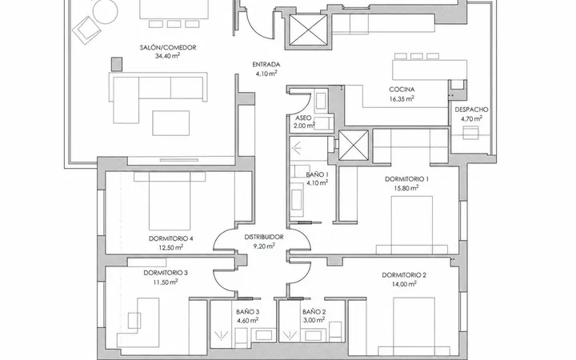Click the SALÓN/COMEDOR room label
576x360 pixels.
click(x=168, y=47)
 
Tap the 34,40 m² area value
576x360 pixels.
click(x=167, y=56)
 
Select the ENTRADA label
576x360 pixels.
click(x=266, y=65)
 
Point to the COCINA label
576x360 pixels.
click(x=402, y=90)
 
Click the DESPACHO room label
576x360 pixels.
click(x=472, y=110)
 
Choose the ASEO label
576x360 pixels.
click(x=303, y=118)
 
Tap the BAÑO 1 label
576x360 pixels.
click(x=318, y=174)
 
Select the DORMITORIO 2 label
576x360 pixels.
click(x=404, y=275)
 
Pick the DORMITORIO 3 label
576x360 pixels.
click(x=166, y=273)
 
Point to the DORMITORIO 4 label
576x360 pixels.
click(x=171, y=238)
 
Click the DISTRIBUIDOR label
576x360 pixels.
click(x=264, y=238)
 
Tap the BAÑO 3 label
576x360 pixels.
click(x=247, y=312)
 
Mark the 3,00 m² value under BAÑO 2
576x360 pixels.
click(x=314, y=320)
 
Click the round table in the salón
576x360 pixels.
click(x=105, y=12)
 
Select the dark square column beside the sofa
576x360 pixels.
click(x=117, y=64)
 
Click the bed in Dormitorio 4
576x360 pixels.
click(x=170, y=201)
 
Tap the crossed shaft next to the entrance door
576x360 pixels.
click(x=308, y=30)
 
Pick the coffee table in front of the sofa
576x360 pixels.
click(x=171, y=123)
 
